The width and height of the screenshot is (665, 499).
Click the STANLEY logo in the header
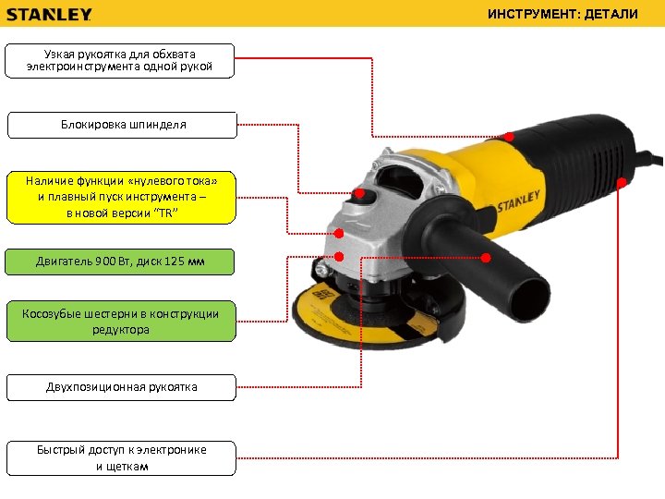pos(50,14)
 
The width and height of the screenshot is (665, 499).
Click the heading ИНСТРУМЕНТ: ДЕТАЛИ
pos(575,14)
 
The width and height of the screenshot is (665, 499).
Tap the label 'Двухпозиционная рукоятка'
pos(121,386)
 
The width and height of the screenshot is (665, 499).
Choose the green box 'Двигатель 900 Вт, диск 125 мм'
pos(120,262)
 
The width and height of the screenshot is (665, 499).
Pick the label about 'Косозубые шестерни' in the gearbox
pos(120,321)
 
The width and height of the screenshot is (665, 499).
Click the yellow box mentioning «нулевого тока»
pos(120,197)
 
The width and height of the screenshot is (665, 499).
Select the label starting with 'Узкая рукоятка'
pos(120,60)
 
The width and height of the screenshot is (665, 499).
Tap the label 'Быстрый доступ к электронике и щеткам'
pos(121,457)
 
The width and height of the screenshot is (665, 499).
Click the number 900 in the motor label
pos(105,262)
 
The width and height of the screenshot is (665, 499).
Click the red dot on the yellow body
pos(509,137)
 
